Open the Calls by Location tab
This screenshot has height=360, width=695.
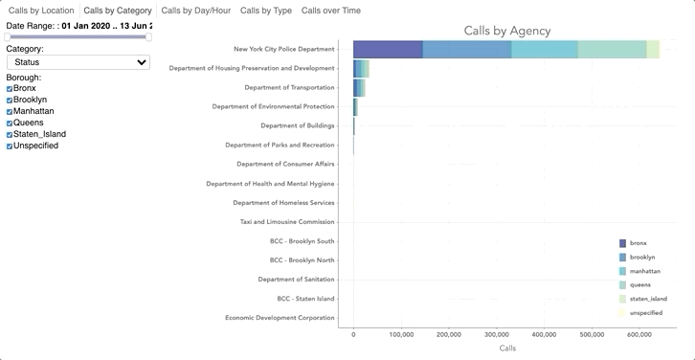(x=41, y=11)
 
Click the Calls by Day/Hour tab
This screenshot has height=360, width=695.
(x=195, y=11)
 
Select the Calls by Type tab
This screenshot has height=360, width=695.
(x=265, y=11)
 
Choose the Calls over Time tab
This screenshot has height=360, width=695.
(x=330, y=11)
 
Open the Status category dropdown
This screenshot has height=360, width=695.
(x=78, y=62)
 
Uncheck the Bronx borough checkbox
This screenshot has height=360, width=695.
(x=10, y=89)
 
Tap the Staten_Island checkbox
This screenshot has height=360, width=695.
(x=10, y=135)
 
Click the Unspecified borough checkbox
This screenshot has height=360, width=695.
(x=10, y=146)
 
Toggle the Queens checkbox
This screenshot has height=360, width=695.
(x=10, y=124)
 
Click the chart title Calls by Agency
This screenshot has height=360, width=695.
(x=506, y=31)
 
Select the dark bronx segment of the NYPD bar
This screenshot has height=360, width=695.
(x=388, y=50)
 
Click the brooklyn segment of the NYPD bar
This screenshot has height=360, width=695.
(x=466, y=50)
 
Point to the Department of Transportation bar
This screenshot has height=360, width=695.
(x=359, y=88)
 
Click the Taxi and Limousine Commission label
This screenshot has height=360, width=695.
(x=287, y=222)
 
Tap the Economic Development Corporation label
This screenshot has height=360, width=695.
(x=280, y=318)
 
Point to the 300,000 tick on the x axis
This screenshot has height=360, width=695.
(x=497, y=335)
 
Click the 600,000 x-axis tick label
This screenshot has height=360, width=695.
(x=639, y=335)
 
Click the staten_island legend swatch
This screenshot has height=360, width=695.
(x=623, y=299)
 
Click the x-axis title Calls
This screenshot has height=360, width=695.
(x=507, y=349)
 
